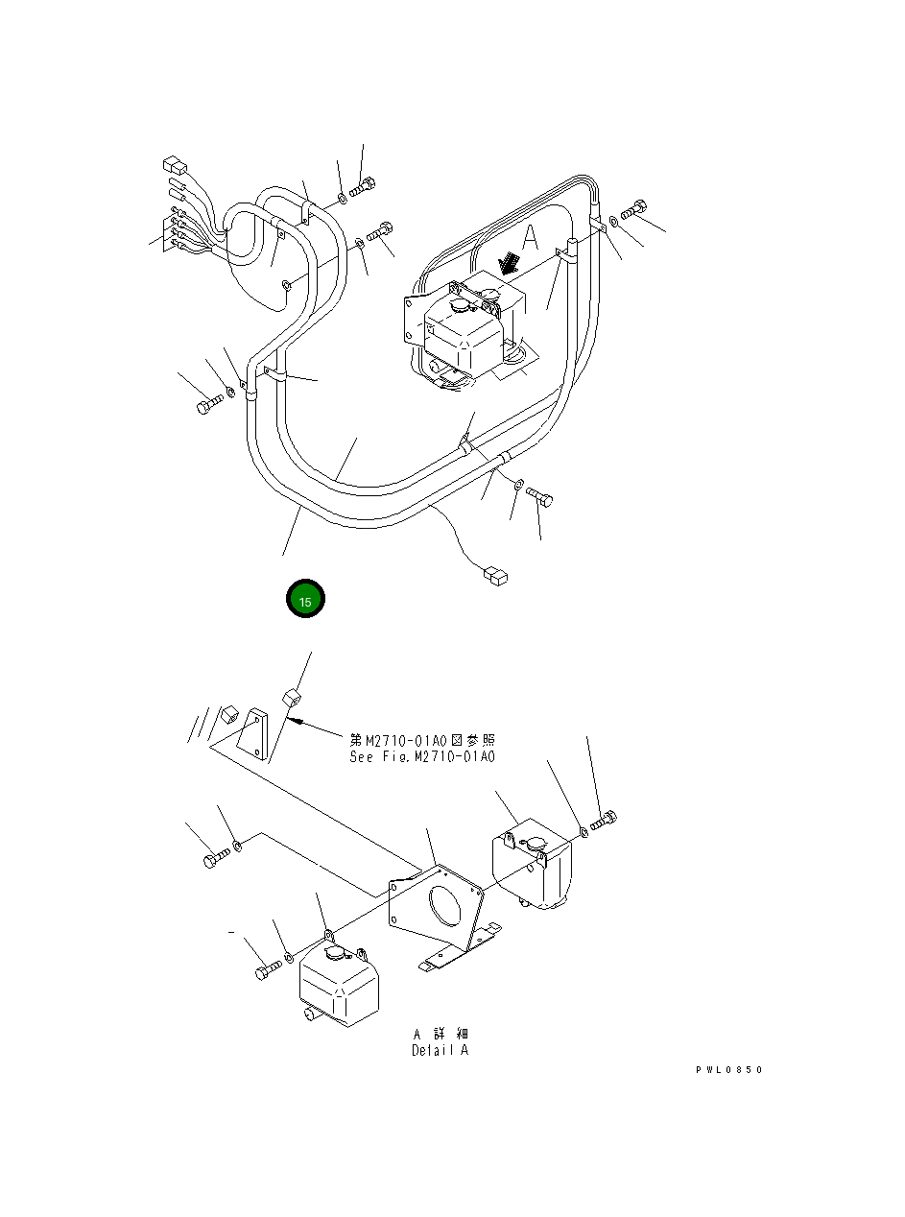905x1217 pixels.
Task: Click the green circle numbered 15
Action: coord(306,600)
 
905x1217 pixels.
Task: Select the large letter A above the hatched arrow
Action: coord(531,237)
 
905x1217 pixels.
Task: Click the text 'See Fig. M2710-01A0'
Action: coord(422,757)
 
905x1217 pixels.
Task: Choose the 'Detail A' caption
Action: coord(441,1050)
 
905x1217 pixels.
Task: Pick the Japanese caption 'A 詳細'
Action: coord(441,1034)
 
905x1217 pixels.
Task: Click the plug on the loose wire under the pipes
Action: coord(495,576)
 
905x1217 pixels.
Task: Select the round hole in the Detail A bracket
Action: coord(442,904)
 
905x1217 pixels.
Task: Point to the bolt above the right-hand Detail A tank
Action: coord(605,821)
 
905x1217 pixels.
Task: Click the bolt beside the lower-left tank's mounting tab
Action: coord(266,972)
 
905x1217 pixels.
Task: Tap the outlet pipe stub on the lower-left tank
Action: coord(309,1014)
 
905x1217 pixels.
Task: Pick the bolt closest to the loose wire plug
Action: coord(540,496)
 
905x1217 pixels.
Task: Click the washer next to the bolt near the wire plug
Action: coord(518,486)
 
